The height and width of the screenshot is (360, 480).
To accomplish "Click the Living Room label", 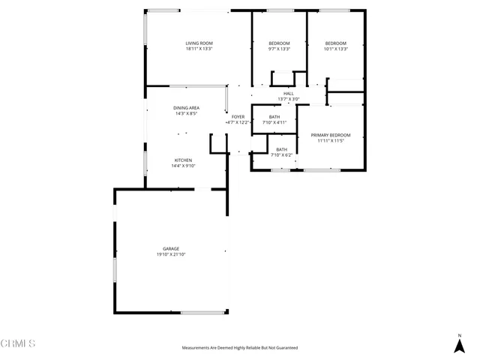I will [199, 43].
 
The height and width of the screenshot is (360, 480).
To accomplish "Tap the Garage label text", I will [171, 248].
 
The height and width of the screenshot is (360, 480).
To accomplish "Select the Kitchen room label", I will [184, 160].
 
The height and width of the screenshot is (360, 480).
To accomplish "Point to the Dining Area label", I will [186, 108].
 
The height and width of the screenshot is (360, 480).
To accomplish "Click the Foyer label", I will [238, 116].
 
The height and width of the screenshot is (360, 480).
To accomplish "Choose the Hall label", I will [288, 93].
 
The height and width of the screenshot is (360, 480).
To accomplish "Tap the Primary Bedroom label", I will [331, 135].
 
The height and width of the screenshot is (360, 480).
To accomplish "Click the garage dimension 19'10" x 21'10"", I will [171, 254].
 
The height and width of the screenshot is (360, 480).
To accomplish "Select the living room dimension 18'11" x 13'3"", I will [199, 49].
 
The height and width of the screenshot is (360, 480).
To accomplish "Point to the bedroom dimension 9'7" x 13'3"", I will [279, 49].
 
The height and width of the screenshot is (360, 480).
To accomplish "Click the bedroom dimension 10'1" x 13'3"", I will [335, 49].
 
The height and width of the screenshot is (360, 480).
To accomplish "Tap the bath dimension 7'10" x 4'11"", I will [274, 122].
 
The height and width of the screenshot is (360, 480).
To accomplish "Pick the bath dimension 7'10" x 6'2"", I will [281, 154].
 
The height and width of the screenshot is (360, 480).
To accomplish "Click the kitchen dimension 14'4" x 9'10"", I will [184, 166].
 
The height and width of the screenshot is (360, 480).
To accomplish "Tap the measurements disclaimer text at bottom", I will [240, 348].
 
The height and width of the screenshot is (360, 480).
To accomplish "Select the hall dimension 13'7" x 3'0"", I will [288, 99].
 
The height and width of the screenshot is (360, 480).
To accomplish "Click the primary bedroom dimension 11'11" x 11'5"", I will [331, 141].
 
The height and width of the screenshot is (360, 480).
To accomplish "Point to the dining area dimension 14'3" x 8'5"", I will [186, 114].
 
